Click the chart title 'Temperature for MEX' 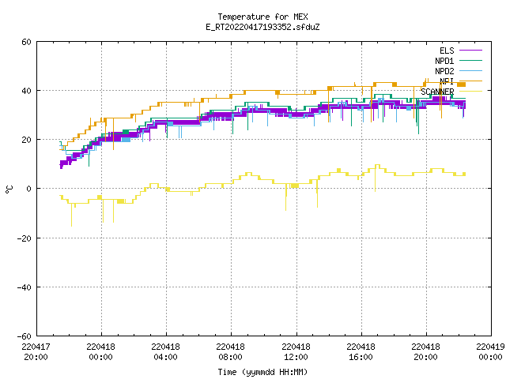click(x=262, y=17)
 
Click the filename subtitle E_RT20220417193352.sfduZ click(x=262, y=27)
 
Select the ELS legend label click(x=447, y=51)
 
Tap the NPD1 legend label click(x=444, y=61)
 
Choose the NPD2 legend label click(x=444, y=71)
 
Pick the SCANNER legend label click(x=437, y=92)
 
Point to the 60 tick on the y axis click(x=26, y=42)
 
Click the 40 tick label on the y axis click(x=26, y=91)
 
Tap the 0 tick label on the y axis click(x=29, y=189)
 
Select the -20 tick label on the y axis click(x=25, y=238)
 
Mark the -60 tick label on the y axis click(x=25, y=336)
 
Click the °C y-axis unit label click(x=9, y=189)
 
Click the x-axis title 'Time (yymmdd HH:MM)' click(x=262, y=372)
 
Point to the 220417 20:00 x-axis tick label click(x=36, y=352)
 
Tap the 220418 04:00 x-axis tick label click(x=165, y=352)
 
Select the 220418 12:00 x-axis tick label click(x=296, y=352)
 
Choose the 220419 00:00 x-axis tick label click(x=490, y=352)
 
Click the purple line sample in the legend click(x=470, y=51)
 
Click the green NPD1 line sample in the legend click(x=470, y=60)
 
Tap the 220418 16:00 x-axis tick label click(x=361, y=352)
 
